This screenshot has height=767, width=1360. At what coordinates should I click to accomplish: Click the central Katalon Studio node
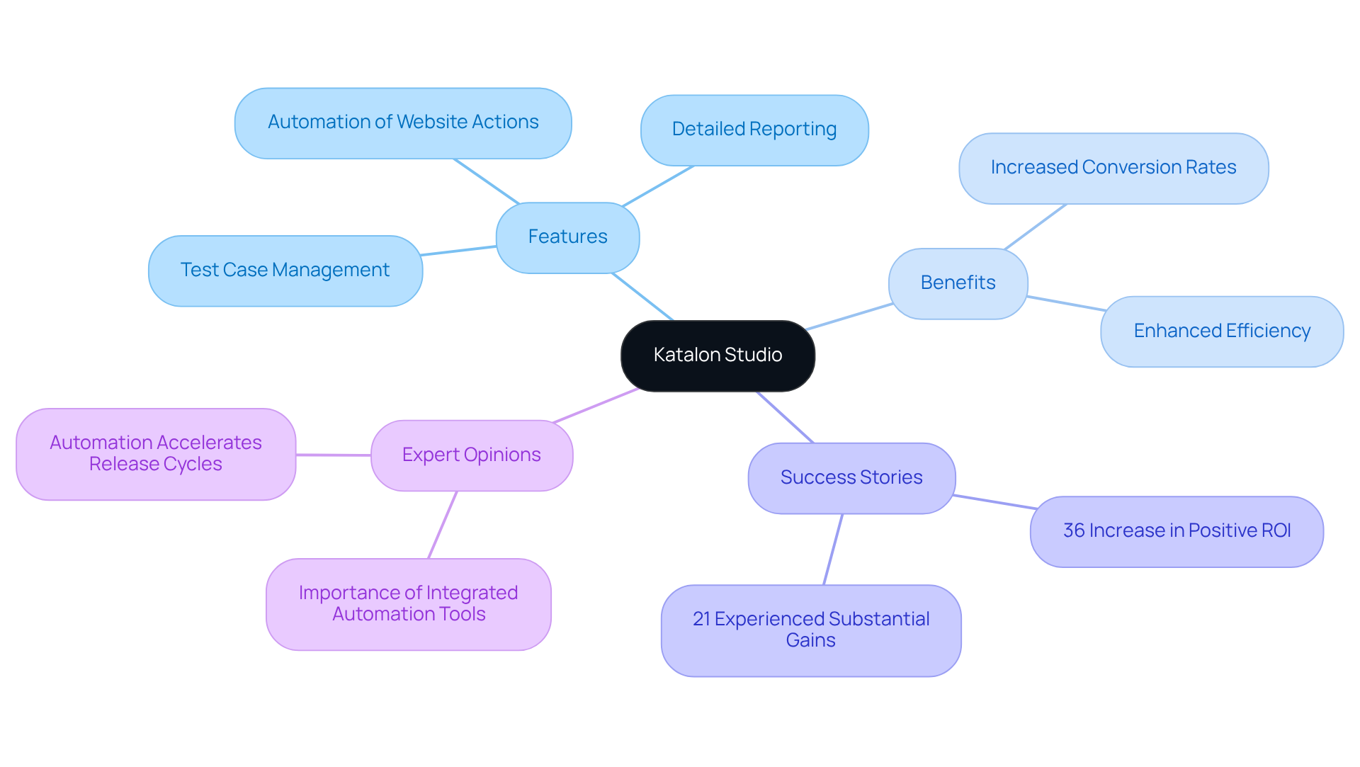tap(718, 356)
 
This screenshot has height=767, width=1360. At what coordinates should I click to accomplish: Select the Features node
tap(567, 237)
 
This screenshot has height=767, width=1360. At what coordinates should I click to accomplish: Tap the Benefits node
tap(958, 283)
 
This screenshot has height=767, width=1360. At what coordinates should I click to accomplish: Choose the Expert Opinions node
tap(471, 455)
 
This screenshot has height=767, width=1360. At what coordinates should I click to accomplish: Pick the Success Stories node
tap(851, 478)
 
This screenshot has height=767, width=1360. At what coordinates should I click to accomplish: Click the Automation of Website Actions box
tap(403, 123)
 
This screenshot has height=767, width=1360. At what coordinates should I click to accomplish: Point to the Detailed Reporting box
tap(754, 130)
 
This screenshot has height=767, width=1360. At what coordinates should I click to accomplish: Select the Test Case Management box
tap(285, 271)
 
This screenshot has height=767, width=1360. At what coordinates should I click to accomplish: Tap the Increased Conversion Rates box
tap(1113, 168)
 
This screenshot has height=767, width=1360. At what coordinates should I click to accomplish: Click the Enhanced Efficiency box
tap(1221, 331)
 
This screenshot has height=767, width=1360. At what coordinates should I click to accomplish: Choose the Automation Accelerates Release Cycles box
tap(155, 454)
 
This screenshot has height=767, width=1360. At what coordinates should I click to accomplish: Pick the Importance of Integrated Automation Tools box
tap(408, 604)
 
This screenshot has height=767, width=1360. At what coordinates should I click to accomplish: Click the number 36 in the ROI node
tap(1074, 531)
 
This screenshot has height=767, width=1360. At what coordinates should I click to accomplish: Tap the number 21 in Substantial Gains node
tap(701, 620)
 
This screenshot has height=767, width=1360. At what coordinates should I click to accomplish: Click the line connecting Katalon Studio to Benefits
tap(849, 317)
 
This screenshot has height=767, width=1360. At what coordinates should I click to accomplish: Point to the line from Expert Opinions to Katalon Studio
tap(596, 406)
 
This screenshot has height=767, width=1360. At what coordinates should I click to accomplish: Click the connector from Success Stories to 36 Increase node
tap(994, 502)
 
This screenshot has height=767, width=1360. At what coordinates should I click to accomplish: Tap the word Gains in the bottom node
tap(810, 641)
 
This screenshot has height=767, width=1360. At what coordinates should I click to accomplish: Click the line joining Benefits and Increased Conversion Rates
tap(1035, 227)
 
